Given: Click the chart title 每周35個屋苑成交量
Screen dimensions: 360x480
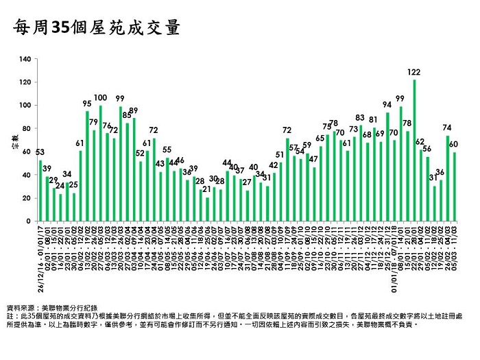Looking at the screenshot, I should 97,28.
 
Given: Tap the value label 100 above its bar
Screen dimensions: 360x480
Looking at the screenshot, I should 100,99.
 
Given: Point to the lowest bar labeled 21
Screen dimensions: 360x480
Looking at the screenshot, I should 206,209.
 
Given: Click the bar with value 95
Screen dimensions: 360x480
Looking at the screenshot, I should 87,166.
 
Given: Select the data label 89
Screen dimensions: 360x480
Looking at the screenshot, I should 134,110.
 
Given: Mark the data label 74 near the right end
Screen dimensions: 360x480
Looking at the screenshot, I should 447,128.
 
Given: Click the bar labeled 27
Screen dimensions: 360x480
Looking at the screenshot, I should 247,206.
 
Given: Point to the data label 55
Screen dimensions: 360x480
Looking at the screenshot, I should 167,149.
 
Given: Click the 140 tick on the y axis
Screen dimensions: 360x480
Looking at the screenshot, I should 26,59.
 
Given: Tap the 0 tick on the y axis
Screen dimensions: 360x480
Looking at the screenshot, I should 29,221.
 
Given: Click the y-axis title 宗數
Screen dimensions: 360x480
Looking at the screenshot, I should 14,147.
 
